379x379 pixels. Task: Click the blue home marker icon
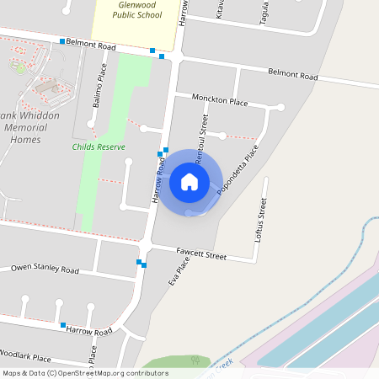pos(189,182)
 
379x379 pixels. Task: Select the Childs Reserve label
pos(99,147)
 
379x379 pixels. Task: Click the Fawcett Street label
pos(201,254)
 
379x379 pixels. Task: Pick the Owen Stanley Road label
pos(45,270)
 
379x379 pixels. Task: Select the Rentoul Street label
pos(201,139)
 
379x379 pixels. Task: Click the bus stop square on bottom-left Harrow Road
pos(62,325)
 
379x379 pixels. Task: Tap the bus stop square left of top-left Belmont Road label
pos(62,41)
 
